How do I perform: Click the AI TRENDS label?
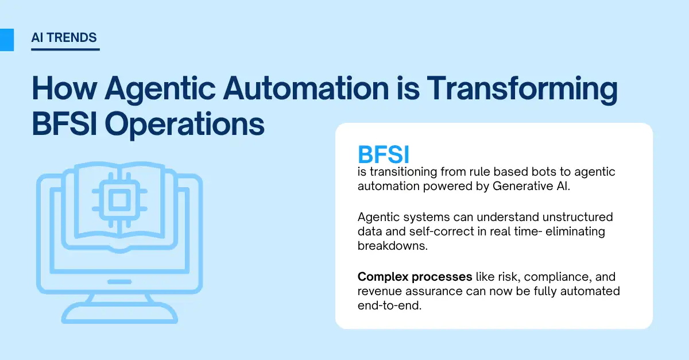(x=64, y=38)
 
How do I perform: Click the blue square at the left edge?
(x=6, y=39)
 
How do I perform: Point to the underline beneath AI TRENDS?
(x=65, y=49)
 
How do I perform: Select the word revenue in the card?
(x=380, y=291)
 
